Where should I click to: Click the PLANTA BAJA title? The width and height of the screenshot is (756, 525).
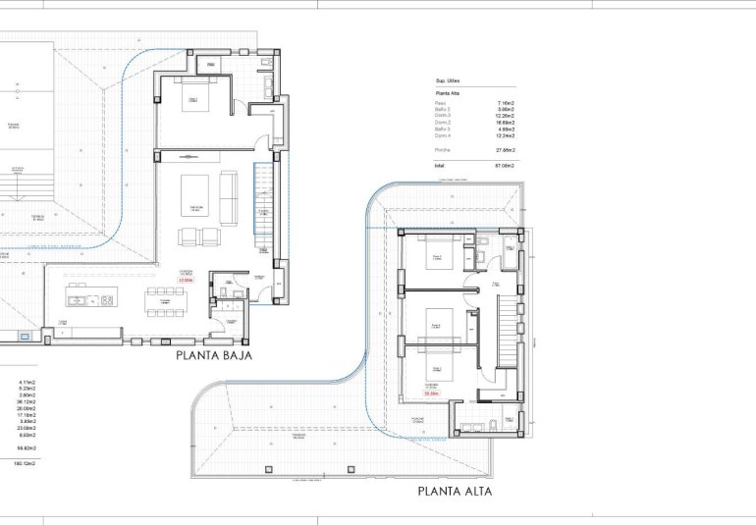[214, 356]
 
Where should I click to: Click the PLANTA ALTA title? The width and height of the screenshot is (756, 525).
[455, 491]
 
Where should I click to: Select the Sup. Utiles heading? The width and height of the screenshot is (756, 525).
[449, 80]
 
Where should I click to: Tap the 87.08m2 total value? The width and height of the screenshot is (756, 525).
[506, 167]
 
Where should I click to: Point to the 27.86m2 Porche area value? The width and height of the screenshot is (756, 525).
[506, 149]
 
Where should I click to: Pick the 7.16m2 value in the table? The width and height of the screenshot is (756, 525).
[507, 102]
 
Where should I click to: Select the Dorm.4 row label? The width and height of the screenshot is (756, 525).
[443, 135]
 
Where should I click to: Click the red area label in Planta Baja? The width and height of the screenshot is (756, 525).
[185, 281]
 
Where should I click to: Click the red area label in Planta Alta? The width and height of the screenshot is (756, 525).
[431, 393]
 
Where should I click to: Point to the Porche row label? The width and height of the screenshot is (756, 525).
[442, 149]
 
